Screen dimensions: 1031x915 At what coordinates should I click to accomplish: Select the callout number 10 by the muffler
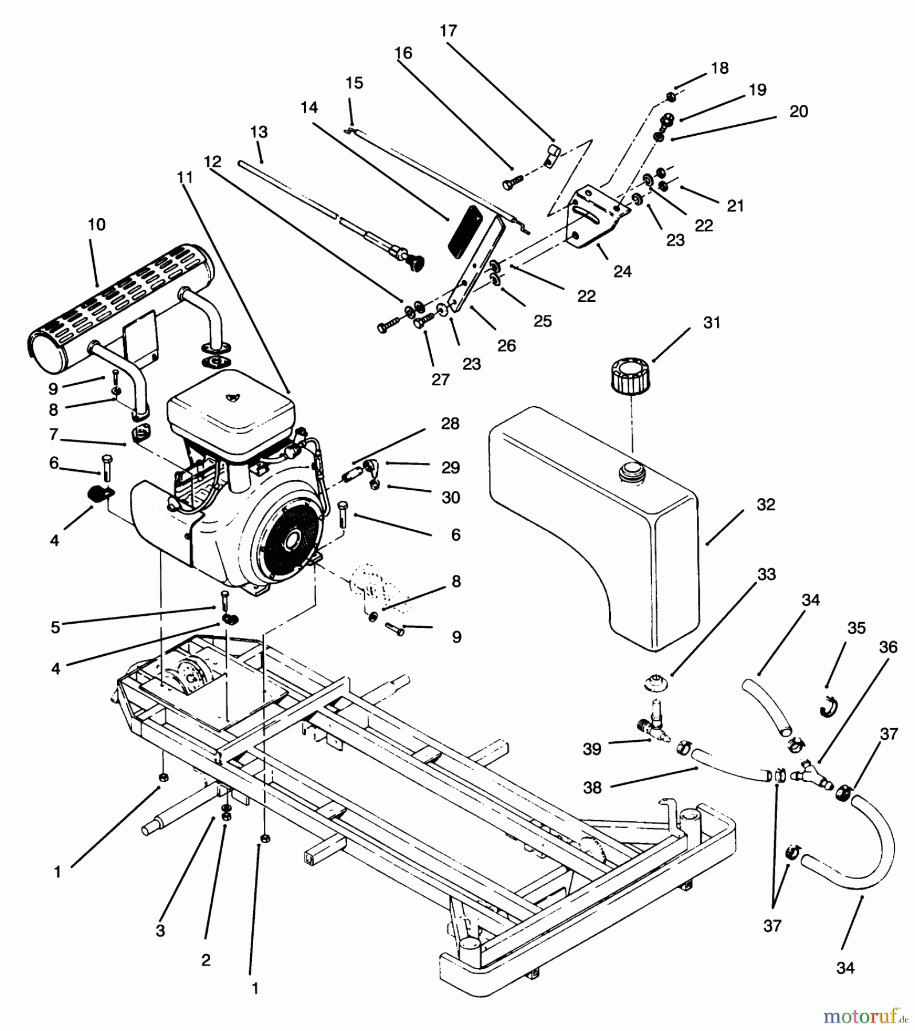[97, 225]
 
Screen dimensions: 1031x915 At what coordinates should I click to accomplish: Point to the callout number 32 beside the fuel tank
[766, 505]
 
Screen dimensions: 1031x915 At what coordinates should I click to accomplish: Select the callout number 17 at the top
[448, 31]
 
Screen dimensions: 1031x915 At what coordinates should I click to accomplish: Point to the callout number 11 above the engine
[184, 178]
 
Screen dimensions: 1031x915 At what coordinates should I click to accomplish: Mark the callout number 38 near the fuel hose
[592, 788]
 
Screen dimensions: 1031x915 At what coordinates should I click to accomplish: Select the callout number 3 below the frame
[160, 931]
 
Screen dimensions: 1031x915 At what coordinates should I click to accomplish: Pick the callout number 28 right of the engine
[450, 424]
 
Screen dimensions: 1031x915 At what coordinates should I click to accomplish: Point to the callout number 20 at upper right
[798, 112]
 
